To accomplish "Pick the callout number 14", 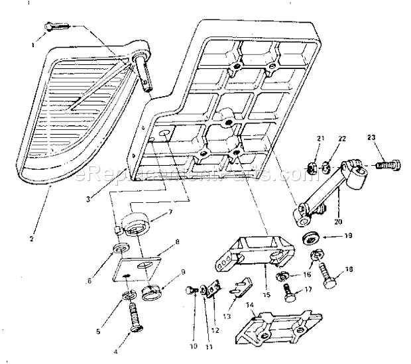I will (x=249, y=306).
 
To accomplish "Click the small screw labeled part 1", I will (x=57, y=27).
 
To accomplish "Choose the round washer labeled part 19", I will (x=310, y=237).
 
